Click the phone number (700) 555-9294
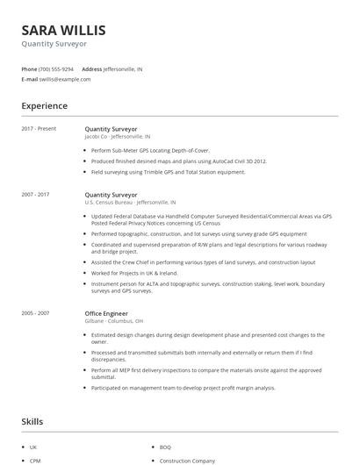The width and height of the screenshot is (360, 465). click(x=56, y=68)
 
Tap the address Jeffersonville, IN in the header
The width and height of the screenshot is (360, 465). click(x=123, y=68)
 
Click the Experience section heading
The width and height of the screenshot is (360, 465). click(x=44, y=106)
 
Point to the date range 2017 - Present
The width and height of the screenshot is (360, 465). click(x=39, y=129)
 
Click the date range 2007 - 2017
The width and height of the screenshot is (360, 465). click(x=37, y=194)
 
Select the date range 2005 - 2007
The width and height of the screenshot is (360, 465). click(x=37, y=313)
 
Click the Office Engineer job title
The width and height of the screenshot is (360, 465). click(x=106, y=313)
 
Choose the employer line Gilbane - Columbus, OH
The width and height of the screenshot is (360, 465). click(x=115, y=321)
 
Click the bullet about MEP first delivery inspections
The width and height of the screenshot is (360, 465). click(x=211, y=370)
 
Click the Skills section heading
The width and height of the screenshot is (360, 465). click(x=32, y=422)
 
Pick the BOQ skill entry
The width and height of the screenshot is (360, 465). click(x=165, y=447)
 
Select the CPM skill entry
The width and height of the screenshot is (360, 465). click(x=35, y=460)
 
